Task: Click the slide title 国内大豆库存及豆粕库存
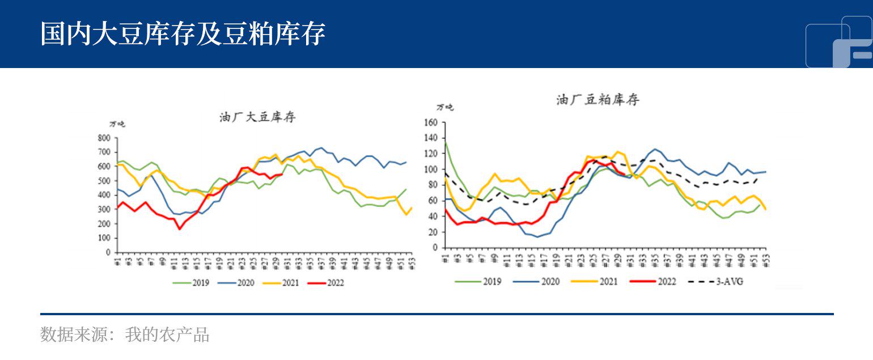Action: click(x=183, y=34)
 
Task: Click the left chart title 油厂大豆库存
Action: click(x=257, y=117)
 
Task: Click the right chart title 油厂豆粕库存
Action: click(x=597, y=100)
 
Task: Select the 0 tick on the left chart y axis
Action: click(x=107, y=252)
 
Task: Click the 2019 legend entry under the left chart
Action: click(x=196, y=282)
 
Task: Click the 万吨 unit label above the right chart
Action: click(x=445, y=107)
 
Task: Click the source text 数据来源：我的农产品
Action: click(x=125, y=335)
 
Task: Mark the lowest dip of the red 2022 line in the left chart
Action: click(x=179, y=229)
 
